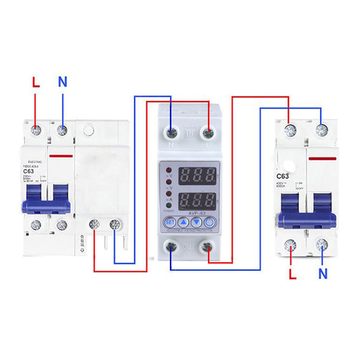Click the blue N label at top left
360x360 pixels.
[x=63, y=82]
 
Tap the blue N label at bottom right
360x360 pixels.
[x=323, y=274]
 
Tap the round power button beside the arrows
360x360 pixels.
[x=210, y=222]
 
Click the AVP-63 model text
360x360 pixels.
[x=190, y=214]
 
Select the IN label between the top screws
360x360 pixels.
[x=190, y=133]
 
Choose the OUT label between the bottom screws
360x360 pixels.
[x=189, y=246]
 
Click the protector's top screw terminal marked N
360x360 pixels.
[x=171, y=133]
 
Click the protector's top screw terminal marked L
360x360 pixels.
[x=208, y=133]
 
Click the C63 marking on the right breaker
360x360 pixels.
[x=282, y=176]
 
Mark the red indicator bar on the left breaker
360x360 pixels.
[x=62, y=156]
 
